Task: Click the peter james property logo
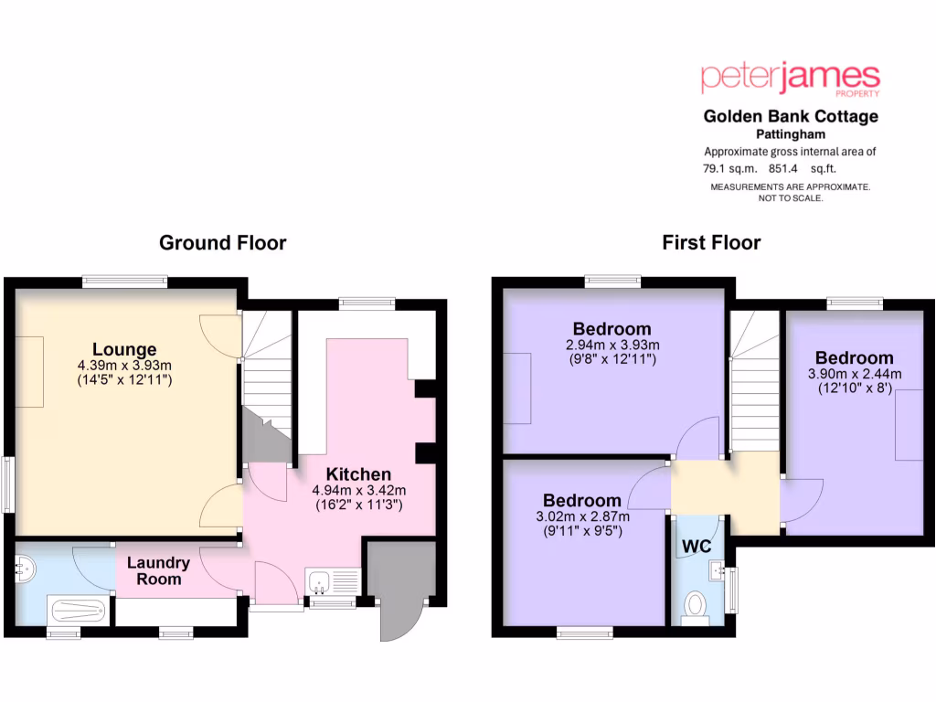(790, 79)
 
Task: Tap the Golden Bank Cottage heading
(790, 116)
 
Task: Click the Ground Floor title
(222, 242)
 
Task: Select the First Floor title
(711, 242)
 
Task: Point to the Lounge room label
(124, 349)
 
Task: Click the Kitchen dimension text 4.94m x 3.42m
(358, 490)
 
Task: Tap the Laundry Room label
(158, 571)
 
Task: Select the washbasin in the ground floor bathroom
(26, 569)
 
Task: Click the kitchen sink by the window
(320, 580)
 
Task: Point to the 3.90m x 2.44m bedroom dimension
(855, 374)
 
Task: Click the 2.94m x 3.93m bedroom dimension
(612, 345)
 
